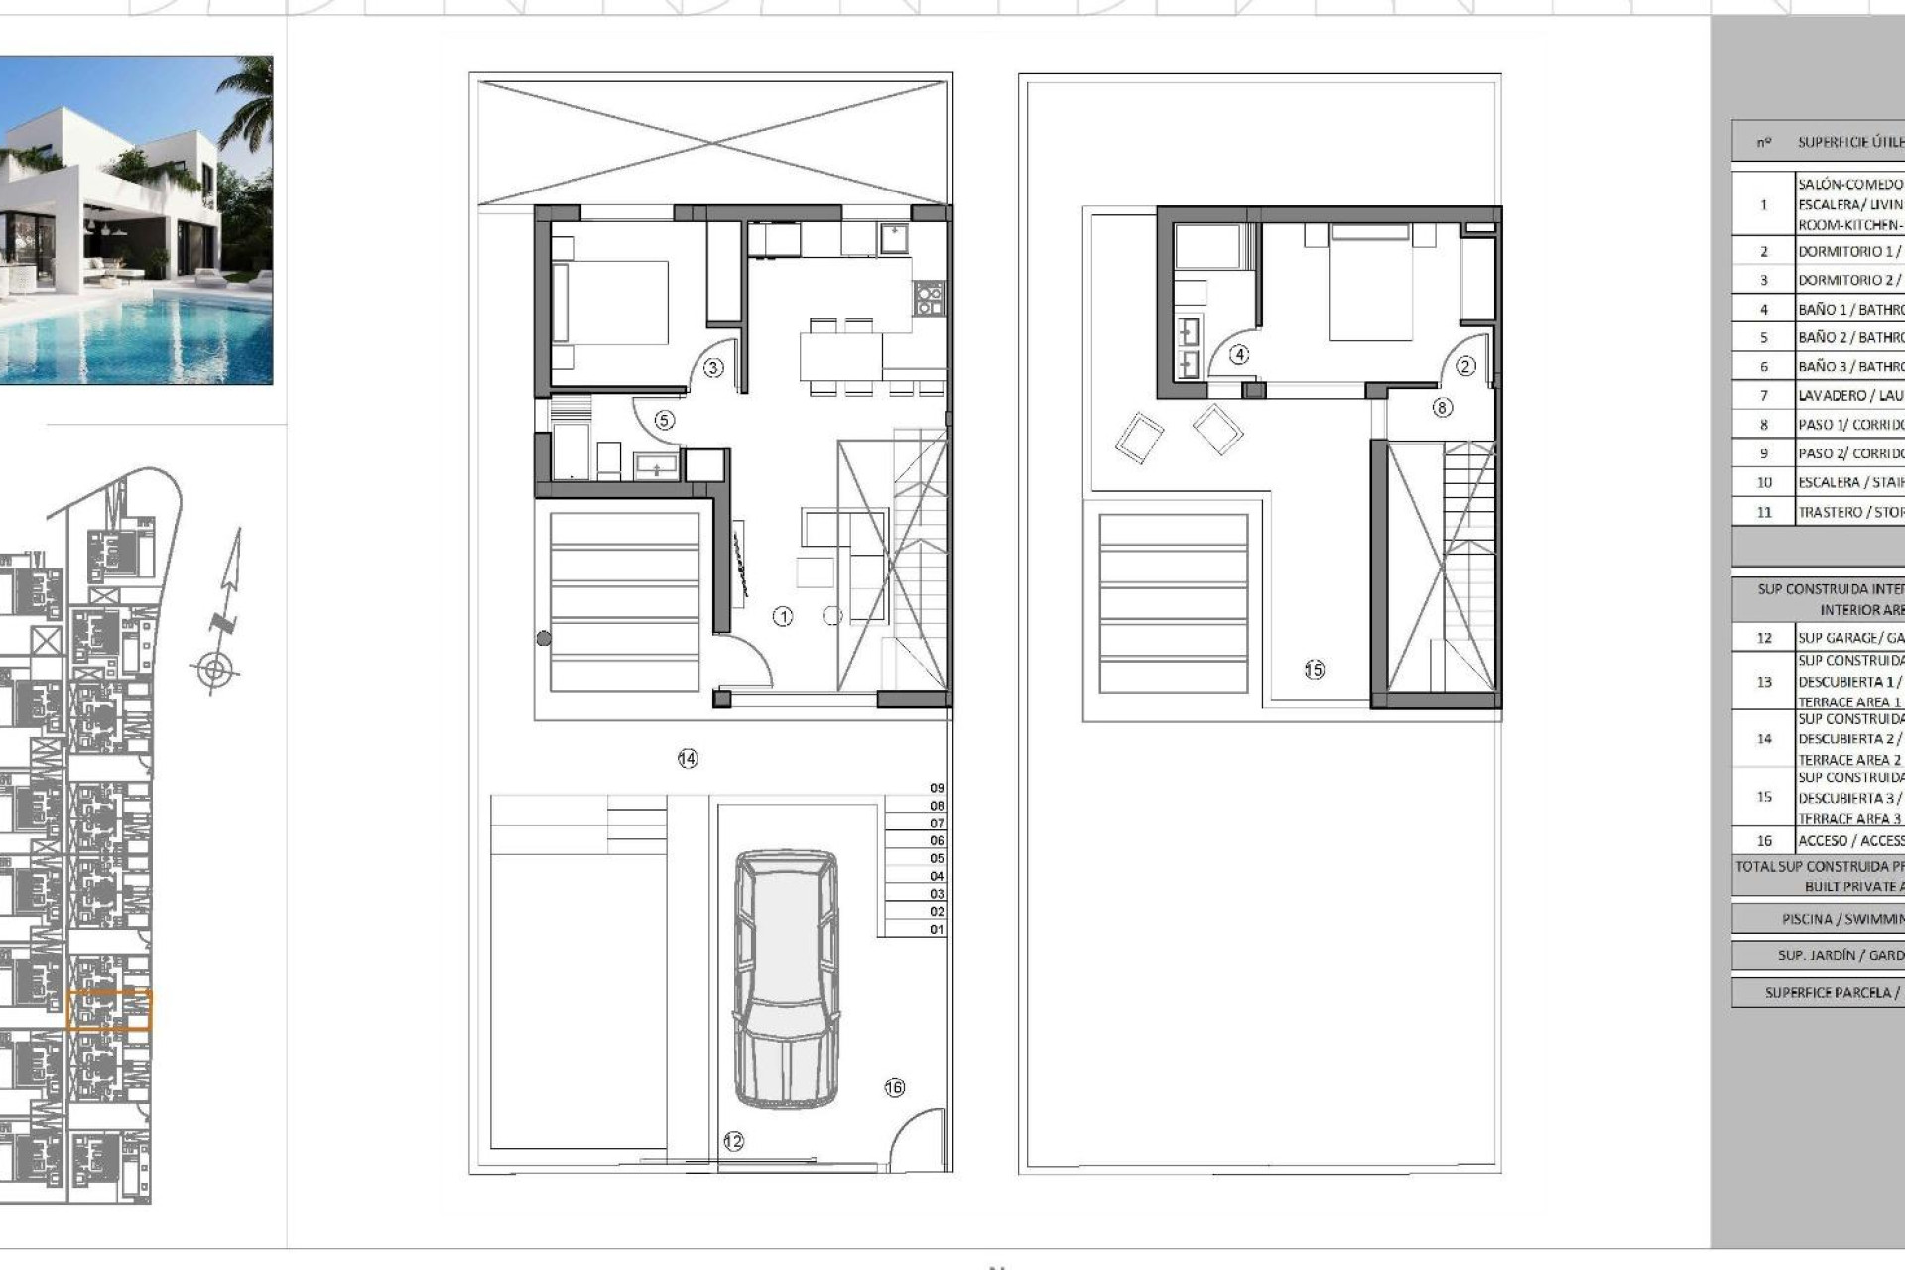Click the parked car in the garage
coord(786,977)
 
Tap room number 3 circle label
coord(713,368)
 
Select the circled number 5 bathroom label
coord(664,420)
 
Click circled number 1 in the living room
coord(783,617)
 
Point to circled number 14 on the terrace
coord(688,759)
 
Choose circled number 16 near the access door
coord(894,1087)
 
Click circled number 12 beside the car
coord(733,1142)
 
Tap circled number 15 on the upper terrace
coord(1314,670)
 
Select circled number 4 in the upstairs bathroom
coord(1239,354)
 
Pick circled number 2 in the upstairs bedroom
coord(1465,366)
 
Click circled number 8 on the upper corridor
coord(1442,407)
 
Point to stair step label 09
coord(937,788)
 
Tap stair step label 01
coord(937,930)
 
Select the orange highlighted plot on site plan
coord(109,1010)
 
